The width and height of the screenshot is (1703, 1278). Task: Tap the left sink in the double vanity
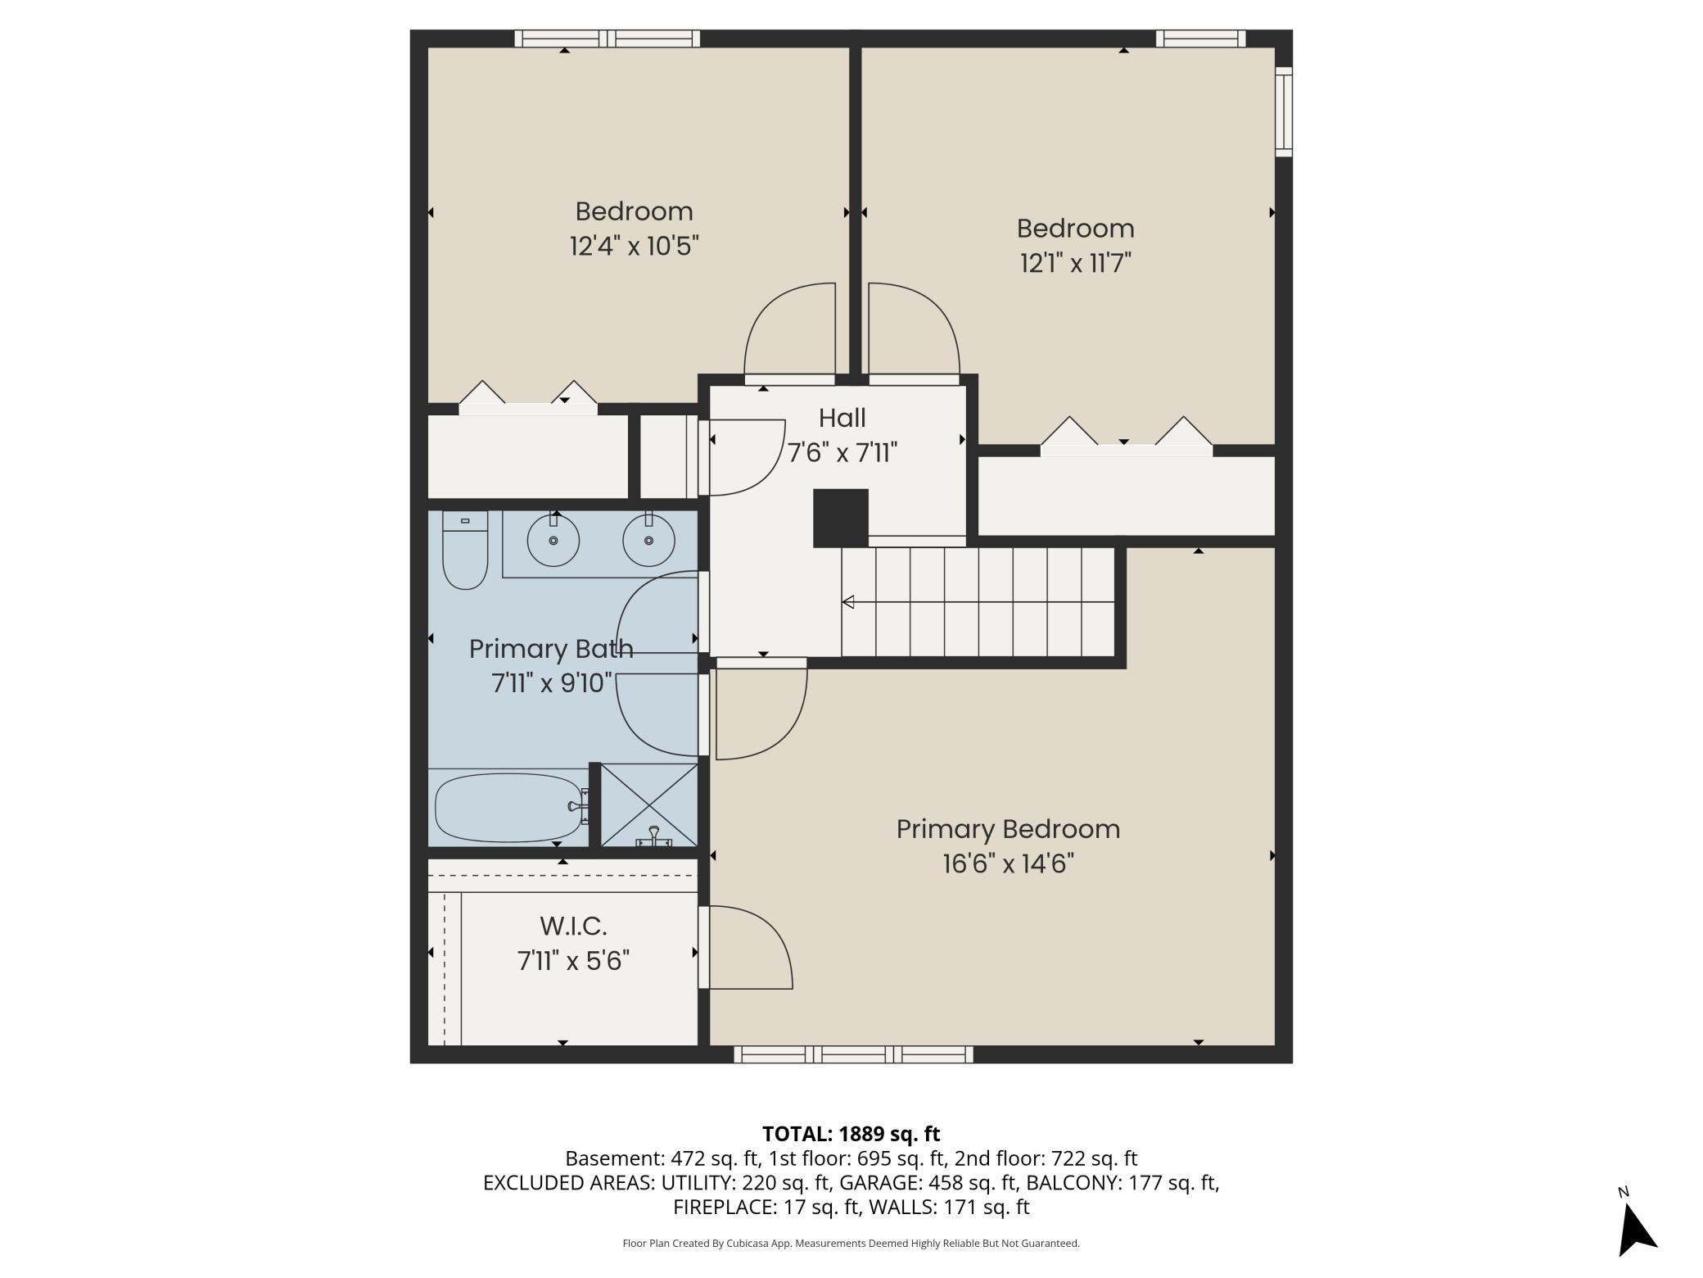553,541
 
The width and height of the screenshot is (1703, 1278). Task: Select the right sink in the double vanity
648,541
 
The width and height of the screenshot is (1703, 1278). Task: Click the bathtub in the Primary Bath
508,808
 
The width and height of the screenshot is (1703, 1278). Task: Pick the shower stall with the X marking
649,804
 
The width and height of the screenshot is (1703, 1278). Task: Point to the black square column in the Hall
840,518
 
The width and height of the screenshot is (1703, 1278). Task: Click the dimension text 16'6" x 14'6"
1008,864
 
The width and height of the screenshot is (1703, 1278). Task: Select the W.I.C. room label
573,927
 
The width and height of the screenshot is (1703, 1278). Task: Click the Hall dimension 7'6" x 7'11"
842,453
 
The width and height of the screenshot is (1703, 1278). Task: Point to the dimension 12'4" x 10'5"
634,247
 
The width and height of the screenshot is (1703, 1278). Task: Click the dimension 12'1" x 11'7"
1075,264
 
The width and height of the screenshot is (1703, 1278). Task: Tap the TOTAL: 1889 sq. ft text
851,1134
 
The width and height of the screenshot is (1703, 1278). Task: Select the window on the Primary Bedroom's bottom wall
853,1054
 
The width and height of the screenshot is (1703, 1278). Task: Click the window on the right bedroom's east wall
1284,112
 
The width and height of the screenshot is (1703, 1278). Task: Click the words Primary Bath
551,649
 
